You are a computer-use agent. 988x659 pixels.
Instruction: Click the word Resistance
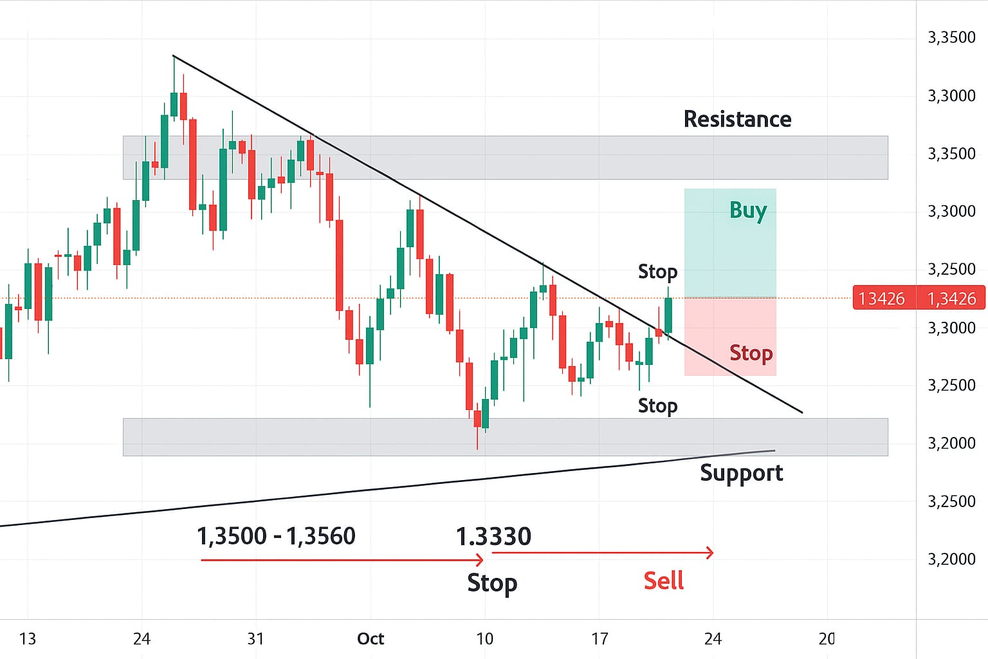[737, 119]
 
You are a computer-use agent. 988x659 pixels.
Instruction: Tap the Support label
[741, 473]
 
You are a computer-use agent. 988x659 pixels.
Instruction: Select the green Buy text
[748, 210]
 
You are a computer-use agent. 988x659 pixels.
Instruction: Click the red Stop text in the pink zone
[751, 353]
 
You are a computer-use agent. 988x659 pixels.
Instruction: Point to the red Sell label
[663, 580]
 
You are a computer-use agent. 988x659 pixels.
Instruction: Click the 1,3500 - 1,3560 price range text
[276, 535]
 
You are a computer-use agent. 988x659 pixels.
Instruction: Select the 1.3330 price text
[493, 536]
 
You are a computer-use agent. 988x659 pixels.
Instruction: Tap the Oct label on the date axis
[370, 638]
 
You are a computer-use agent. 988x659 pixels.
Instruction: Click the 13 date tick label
[28, 638]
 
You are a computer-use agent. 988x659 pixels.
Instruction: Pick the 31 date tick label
[256, 638]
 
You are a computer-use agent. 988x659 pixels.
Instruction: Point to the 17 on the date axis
[599, 638]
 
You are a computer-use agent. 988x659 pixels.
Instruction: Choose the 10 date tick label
[485, 638]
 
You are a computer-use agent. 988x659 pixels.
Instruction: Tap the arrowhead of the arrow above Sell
[710, 552]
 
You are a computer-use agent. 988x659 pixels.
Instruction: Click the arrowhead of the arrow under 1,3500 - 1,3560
[479, 560]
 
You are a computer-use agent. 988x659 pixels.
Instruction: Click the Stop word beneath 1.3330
[492, 582]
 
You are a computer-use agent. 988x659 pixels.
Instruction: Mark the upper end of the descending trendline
[174, 56]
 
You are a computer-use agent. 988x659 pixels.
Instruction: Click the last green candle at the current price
[668, 315]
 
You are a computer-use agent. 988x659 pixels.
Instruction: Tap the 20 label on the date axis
[827, 638]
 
